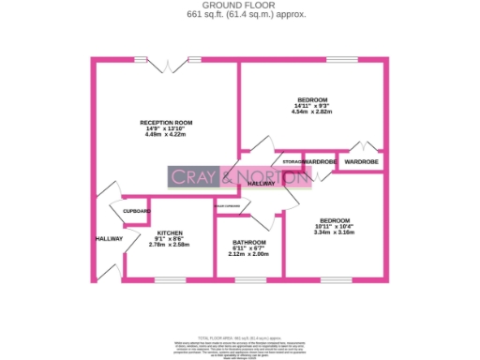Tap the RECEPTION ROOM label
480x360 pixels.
click(166, 123)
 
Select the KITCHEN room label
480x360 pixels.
click(170, 232)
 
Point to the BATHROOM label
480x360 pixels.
click(248, 242)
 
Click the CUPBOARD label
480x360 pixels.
click(137, 212)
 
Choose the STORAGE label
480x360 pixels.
click(292, 162)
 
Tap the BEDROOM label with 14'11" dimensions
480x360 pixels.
click(312, 100)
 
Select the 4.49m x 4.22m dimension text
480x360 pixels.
click(166, 135)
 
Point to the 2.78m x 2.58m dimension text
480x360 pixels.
click(170, 245)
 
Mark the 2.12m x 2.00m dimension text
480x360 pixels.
click(248, 254)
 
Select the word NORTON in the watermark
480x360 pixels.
click(267, 176)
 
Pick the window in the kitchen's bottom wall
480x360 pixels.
click(170, 279)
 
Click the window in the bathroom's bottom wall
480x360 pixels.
click(249, 279)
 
